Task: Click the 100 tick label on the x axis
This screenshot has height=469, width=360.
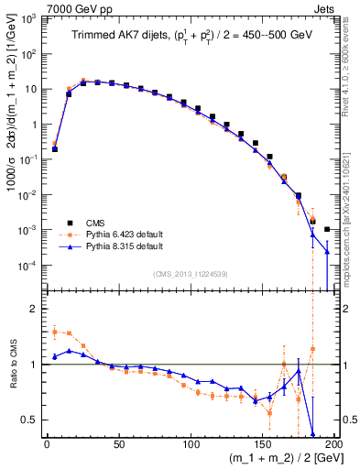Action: tap(191, 443)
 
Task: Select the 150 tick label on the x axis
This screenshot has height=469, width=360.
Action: tap(263, 443)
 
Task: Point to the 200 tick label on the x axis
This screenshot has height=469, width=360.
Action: tap(333, 443)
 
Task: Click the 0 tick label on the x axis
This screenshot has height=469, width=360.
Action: tap(48, 443)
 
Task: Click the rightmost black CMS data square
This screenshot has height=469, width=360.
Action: tap(327, 229)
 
